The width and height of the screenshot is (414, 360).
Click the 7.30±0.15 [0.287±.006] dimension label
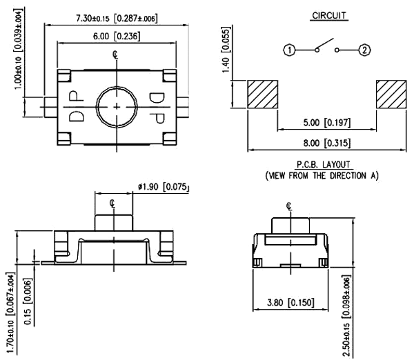[x=115, y=18]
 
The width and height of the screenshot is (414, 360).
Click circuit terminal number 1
[x=290, y=50]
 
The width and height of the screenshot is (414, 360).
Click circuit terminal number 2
[x=365, y=50]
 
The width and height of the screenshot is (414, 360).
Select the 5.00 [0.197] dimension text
[x=326, y=124]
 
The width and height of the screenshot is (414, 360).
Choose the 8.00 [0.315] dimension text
[x=326, y=143]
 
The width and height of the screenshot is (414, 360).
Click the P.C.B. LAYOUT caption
[x=324, y=164]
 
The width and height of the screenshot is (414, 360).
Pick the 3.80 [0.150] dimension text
[x=288, y=301]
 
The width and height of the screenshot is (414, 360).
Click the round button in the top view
[x=116, y=106]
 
